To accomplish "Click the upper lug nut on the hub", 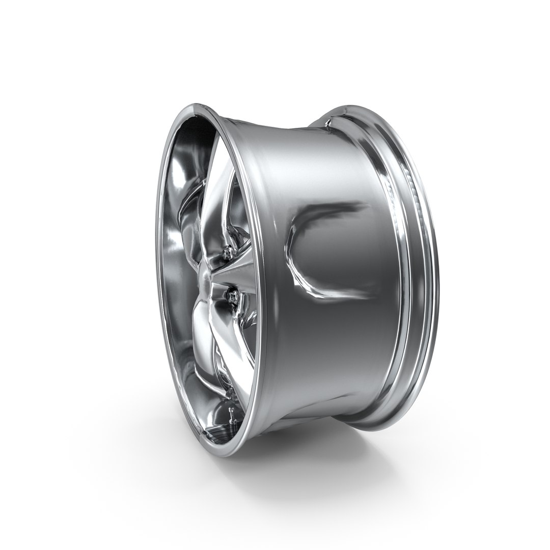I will click(228, 250).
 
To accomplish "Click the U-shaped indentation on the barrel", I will click(316, 250).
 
